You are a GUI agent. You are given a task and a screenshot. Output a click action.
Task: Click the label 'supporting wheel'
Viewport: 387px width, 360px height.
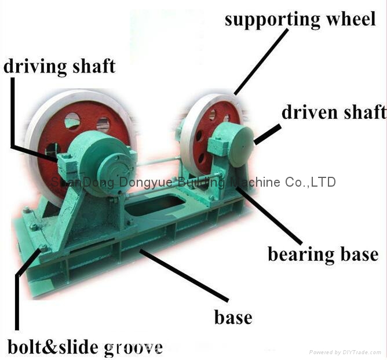tap(300, 19)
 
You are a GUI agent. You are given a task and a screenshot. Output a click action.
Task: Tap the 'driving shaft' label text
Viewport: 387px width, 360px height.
tap(59, 66)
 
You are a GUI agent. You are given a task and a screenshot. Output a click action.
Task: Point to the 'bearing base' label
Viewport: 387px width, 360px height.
tap(323, 254)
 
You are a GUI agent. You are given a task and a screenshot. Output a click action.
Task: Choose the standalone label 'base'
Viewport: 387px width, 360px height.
tap(233, 317)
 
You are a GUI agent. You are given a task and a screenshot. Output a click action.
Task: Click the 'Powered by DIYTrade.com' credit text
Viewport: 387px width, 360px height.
tap(346, 352)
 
